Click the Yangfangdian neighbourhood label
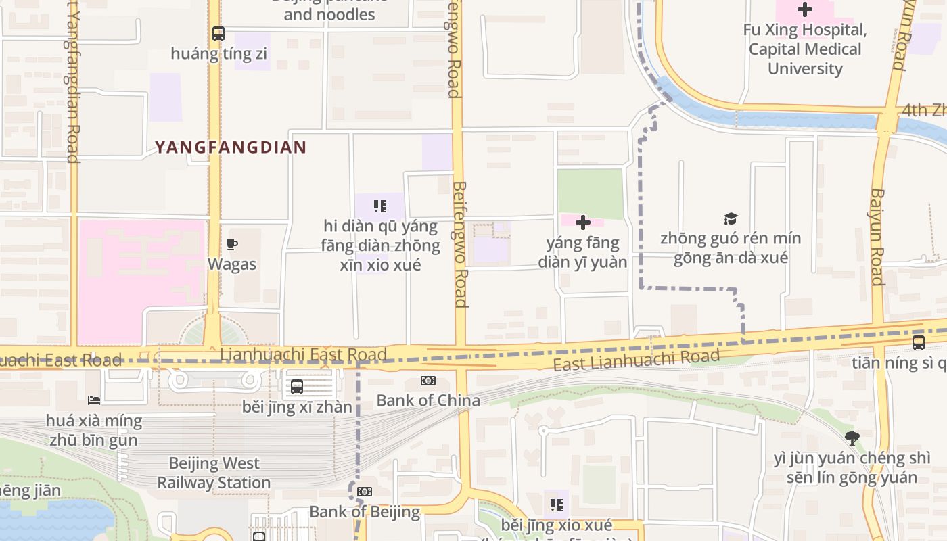231,147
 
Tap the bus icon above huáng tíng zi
218,33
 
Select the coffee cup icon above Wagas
232,244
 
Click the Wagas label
232,264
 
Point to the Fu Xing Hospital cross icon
804,9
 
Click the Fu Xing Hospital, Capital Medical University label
805,49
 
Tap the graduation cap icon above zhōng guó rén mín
731,218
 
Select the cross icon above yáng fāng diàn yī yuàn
582,222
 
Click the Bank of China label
428,400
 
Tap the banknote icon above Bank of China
428,381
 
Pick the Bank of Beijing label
365,511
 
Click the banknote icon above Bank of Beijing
365,492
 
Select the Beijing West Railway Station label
214,473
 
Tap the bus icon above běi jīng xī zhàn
297,387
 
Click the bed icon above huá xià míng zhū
94,401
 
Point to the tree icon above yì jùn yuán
852,438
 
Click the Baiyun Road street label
877,237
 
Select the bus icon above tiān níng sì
918,343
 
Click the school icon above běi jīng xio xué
557,504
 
